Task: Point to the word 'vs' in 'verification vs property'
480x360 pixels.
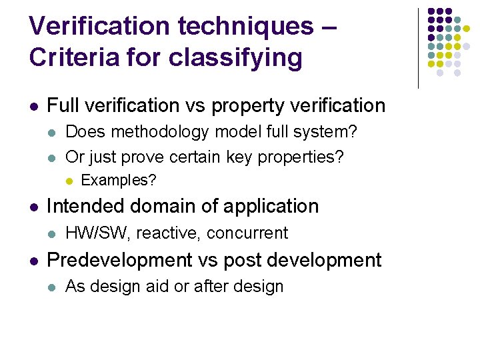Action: pos(199,105)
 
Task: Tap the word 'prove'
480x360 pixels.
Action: pos(143,157)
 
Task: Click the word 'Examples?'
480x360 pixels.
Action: pos(118,180)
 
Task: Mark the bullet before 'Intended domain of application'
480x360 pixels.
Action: pos(33,207)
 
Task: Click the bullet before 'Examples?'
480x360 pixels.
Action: pos(69,181)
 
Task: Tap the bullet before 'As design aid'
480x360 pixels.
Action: pos(52,287)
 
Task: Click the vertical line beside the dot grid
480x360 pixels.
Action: pos(418,48)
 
